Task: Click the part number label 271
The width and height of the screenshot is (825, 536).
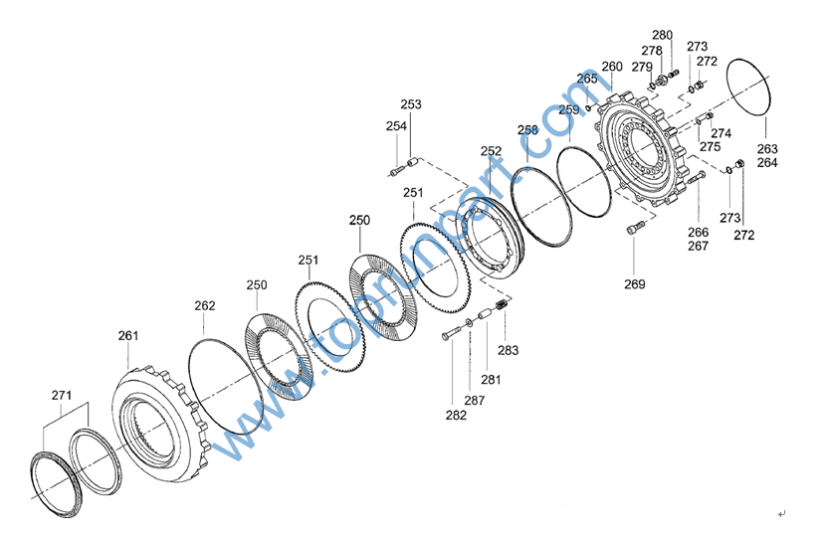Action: (x=62, y=395)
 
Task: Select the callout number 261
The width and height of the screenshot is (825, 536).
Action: (x=127, y=335)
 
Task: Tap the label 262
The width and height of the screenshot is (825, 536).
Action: (x=205, y=305)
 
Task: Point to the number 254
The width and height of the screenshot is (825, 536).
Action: (x=396, y=126)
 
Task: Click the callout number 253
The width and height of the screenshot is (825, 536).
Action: (x=411, y=104)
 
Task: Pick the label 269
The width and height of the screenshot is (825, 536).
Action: (x=635, y=284)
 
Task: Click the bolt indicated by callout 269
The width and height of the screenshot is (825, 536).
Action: (x=635, y=228)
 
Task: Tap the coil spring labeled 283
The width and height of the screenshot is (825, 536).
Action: (x=504, y=304)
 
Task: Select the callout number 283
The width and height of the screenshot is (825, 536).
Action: (x=508, y=350)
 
